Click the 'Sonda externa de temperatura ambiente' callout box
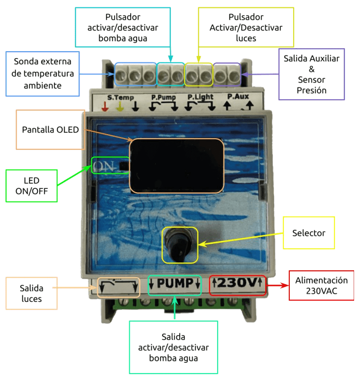[42, 73]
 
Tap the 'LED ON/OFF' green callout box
[31, 185]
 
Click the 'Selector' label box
[308, 233]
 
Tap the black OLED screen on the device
[176, 165]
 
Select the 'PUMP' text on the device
[174, 284]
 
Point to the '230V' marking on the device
[237, 284]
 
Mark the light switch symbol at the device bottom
[119, 286]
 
